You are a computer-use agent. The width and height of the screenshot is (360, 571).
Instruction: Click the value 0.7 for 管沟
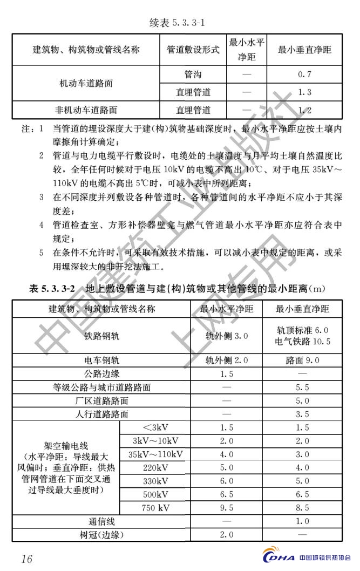[304, 74]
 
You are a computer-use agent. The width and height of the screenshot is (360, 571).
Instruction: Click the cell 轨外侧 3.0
[227, 336]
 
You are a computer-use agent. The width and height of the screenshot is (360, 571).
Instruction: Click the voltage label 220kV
[155, 467]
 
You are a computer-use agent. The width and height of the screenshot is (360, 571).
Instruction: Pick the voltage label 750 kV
[155, 508]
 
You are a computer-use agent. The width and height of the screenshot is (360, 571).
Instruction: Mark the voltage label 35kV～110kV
[155, 454]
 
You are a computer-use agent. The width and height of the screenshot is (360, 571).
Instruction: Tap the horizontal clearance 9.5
[227, 508]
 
